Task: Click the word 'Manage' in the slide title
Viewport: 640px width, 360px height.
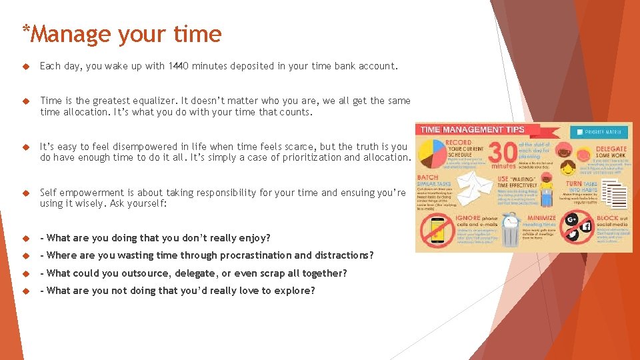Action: (x=74, y=34)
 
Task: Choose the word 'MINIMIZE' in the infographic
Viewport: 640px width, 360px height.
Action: (x=541, y=217)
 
